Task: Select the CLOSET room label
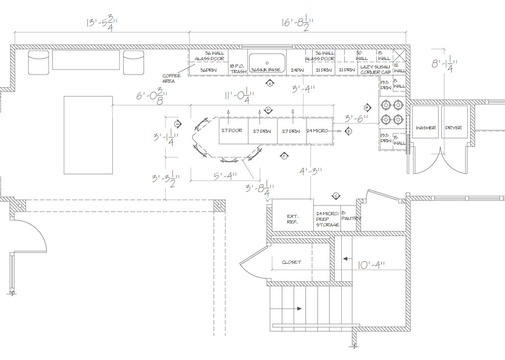click(291, 263)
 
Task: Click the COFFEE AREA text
click(172, 78)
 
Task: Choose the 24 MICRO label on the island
click(317, 131)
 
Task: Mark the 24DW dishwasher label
click(297, 70)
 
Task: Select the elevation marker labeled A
click(269, 84)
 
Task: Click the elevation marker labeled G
click(178, 124)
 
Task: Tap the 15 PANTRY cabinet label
click(350, 216)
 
